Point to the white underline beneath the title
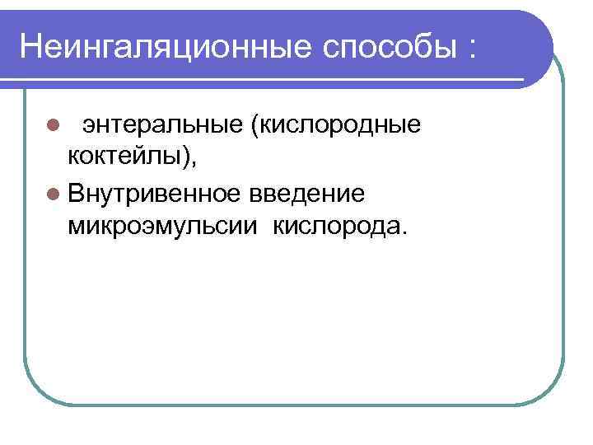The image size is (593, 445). (x=272, y=80)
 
